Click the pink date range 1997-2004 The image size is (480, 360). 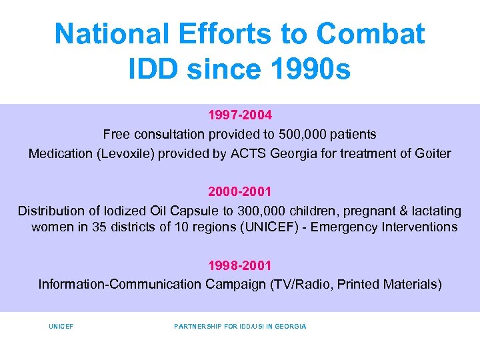tap(239, 115)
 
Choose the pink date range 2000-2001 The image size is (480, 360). tap(239, 192)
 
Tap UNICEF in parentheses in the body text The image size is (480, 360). tap(269, 227)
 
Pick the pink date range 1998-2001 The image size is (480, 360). tap(239, 265)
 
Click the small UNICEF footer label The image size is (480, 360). tap(61, 327)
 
